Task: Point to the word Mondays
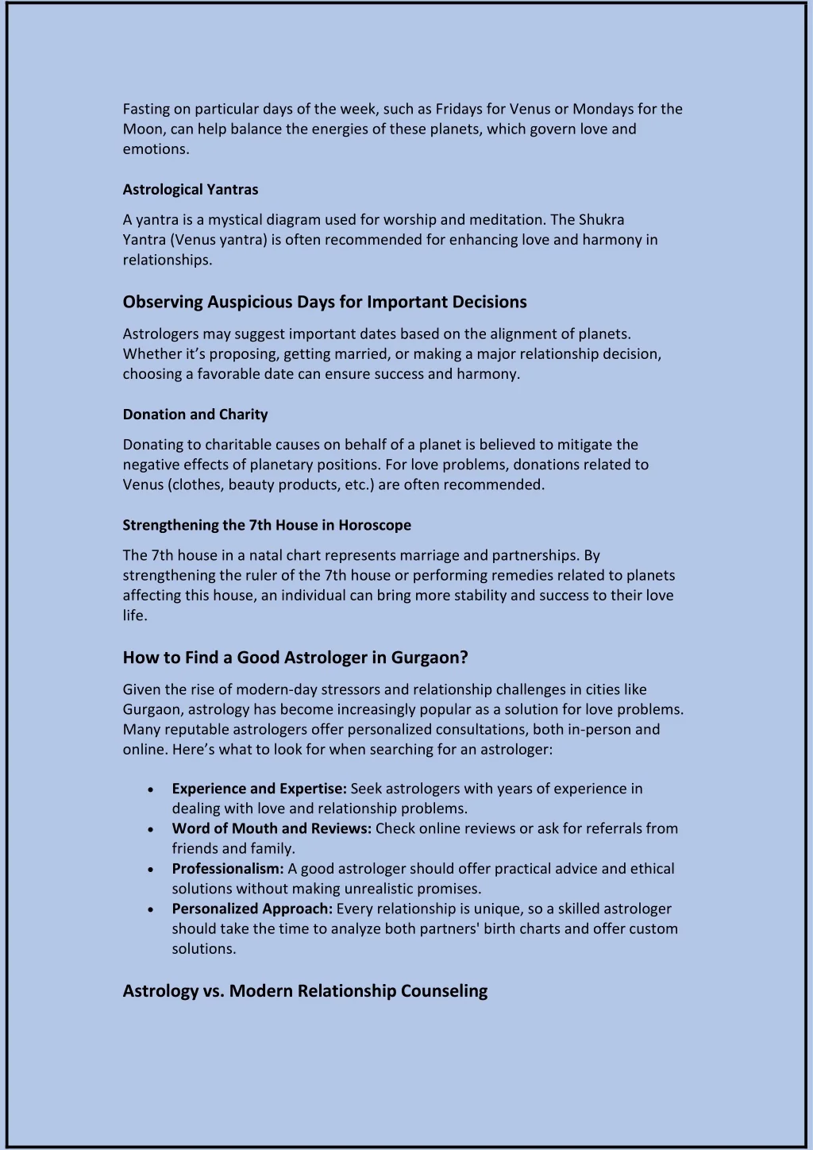(603, 109)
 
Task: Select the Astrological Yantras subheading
(191, 189)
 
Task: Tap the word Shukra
(601, 219)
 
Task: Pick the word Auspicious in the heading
(250, 302)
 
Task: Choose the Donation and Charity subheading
(195, 414)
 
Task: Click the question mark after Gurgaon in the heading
(464, 658)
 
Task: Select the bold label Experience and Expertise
(260, 789)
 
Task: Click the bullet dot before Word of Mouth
(151, 829)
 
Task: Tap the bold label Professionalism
(228, 869)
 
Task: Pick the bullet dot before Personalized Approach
(151, 909)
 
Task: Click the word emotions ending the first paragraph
(156, 149)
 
